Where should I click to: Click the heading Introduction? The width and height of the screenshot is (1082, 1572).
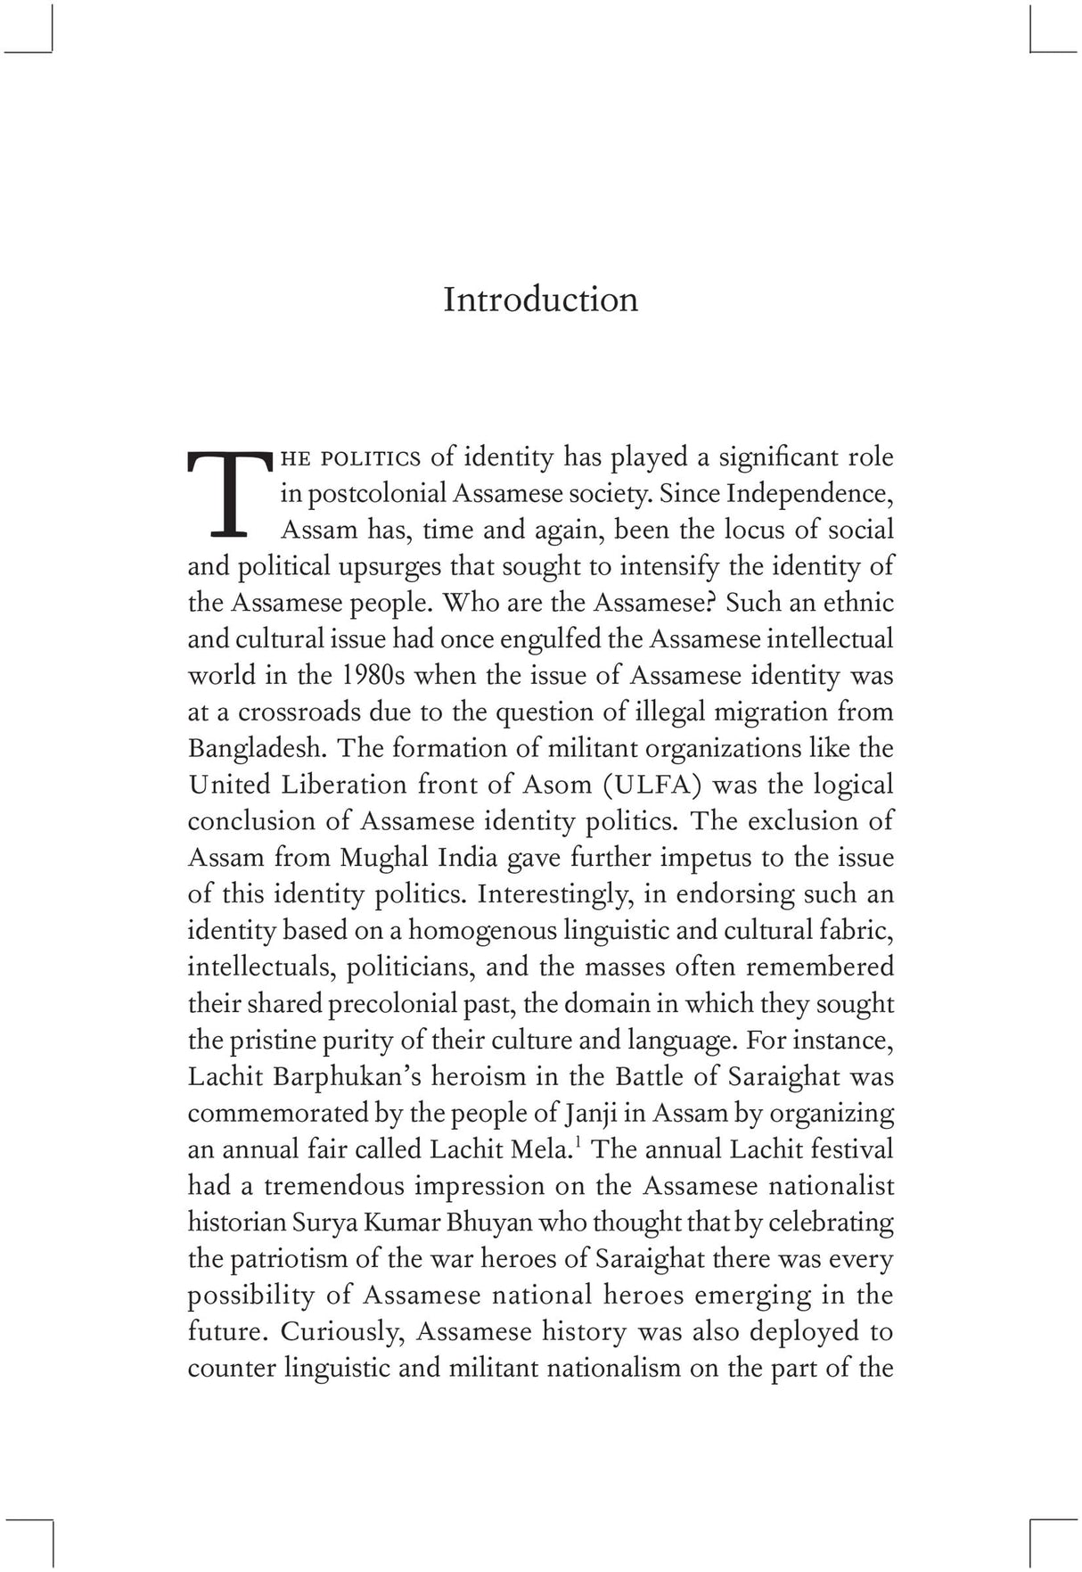[540, 300]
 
